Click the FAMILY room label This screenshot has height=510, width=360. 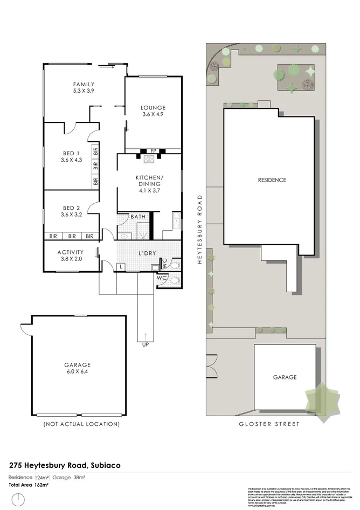[84, 84]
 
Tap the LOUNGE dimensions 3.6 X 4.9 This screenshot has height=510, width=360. [153, 114]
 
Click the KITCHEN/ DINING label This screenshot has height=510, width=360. [149, 181]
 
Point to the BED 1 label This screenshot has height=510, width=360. [71, 153]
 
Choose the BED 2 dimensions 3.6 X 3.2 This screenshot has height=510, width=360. [71, 215]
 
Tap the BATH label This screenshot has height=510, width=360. [139, 217]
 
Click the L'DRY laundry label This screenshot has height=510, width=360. [147, 253]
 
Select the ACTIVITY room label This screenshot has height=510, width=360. [71, 252]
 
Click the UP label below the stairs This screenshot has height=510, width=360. [146, 344]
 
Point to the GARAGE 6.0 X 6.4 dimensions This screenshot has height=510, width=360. [78, 372]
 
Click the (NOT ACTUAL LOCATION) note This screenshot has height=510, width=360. [81, 424]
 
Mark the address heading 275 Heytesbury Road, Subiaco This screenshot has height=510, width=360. [65, 464]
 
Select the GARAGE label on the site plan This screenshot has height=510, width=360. [285, 377]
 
